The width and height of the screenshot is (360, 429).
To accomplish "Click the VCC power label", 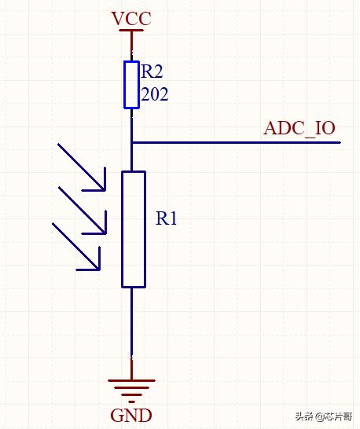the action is point(131,19).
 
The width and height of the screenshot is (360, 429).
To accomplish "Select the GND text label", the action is point(131,415).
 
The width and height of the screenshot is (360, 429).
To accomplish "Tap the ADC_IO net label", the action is point(299,128).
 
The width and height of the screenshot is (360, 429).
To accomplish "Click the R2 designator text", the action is point(152,71).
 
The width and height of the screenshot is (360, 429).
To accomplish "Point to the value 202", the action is point(155,94).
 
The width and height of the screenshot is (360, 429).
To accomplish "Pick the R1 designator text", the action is point(166,218).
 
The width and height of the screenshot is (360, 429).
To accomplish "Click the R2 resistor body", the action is point(132,85).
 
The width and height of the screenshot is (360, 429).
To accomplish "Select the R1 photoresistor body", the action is point(134,229).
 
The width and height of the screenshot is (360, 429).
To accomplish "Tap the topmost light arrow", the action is point(82,167).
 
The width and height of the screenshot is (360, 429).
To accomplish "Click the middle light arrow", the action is point(83,211).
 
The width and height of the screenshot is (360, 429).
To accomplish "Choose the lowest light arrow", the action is point(76,247).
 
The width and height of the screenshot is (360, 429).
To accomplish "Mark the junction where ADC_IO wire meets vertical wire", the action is point(132,142).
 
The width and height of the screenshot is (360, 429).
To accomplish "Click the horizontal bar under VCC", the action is point(131,30).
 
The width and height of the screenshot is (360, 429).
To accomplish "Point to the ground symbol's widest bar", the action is point(132,380).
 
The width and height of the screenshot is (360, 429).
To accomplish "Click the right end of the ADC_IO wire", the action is point(340,142).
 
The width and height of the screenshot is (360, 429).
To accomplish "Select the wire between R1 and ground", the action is point(132,333).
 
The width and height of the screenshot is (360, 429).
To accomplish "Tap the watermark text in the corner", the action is point(324,416).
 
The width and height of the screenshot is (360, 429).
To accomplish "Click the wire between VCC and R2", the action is point(132,46).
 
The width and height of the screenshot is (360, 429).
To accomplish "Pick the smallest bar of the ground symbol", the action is point(132,402).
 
